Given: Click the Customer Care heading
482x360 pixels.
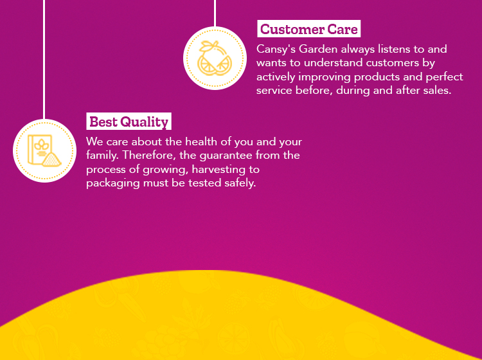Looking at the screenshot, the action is click(x=308, y=29).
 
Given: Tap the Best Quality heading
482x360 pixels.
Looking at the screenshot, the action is click(x=129, y=122).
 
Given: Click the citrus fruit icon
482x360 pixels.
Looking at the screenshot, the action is click(x=215, y=58).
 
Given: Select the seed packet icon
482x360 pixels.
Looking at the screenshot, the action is click(x=44, y=150).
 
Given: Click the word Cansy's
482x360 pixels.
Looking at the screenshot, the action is click(x=276, y=50).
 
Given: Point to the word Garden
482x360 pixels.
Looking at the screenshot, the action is click(x=318, y=50).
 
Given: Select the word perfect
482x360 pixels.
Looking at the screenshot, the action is click(x=444, y=77).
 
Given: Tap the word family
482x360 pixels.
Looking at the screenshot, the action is click(x=102, y=156).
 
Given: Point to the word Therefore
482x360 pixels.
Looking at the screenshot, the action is click(x=150, y=156).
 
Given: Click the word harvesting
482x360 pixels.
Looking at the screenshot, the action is click(x=226, y=170).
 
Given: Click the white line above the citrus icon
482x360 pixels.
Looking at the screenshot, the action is click(x=215, y=14).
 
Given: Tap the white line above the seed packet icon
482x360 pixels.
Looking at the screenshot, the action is click(x=44, y=60).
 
